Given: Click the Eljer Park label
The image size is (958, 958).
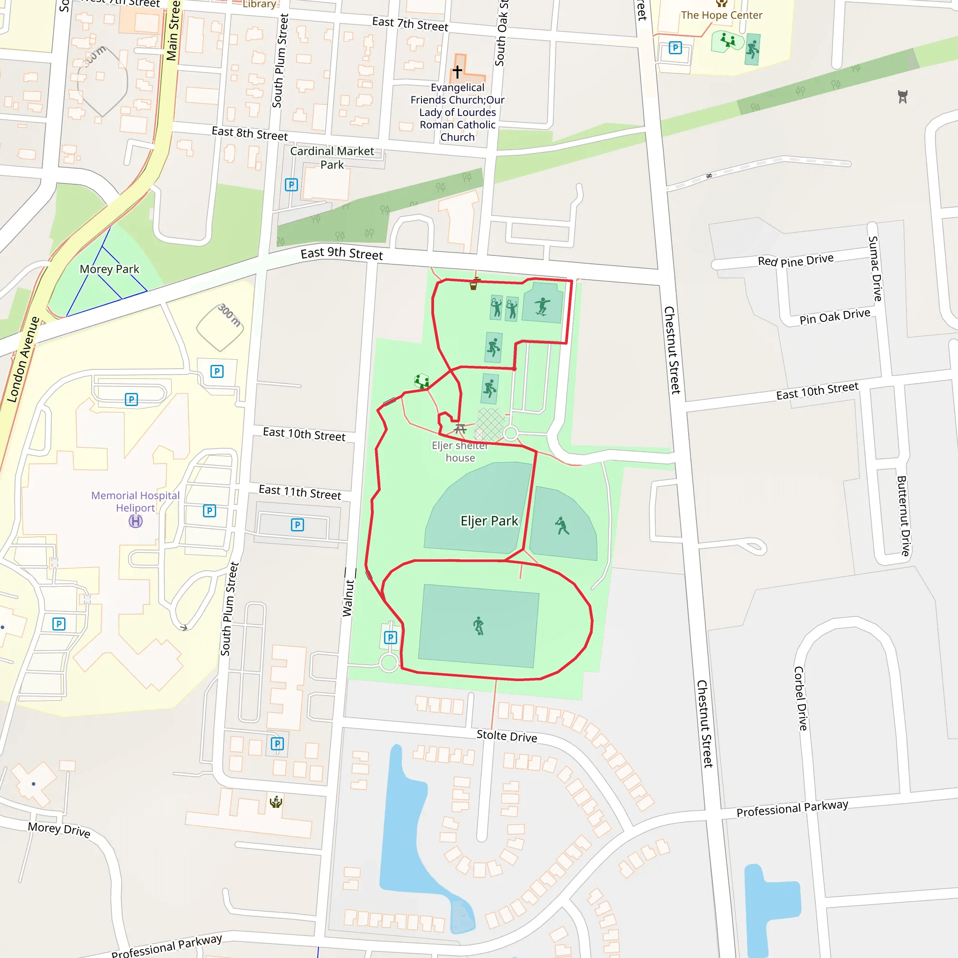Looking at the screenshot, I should pos(489,521).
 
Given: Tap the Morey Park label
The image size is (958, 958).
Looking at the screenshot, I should pos(109,269).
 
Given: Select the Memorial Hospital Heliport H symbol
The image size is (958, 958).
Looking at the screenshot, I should pos(135,521).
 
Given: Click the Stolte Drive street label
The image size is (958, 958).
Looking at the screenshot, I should pos(506,736).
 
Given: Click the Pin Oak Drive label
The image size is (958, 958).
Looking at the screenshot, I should pos(835,316).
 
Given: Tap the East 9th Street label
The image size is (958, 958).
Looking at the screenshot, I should pos(341,254).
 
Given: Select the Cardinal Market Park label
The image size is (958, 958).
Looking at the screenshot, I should pos(332,158).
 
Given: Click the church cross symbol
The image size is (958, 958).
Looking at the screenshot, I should pos(457,72).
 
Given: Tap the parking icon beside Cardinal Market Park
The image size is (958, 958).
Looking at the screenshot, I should pos(291,185).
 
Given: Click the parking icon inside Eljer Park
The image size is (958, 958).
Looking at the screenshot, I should pos(391,637).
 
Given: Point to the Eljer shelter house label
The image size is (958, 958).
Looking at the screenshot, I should pos(460,451).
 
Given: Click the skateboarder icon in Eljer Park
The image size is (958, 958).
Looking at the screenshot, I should pos(542,306).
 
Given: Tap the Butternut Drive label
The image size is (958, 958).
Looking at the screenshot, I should pos(903,515).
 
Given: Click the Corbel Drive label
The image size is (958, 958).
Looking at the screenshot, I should pos(800,698).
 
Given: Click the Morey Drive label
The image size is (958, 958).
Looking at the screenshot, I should pos(59,829).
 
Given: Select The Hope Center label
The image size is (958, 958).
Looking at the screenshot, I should pos(721,15).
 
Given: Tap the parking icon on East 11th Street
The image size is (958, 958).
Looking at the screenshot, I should pos(297,525).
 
